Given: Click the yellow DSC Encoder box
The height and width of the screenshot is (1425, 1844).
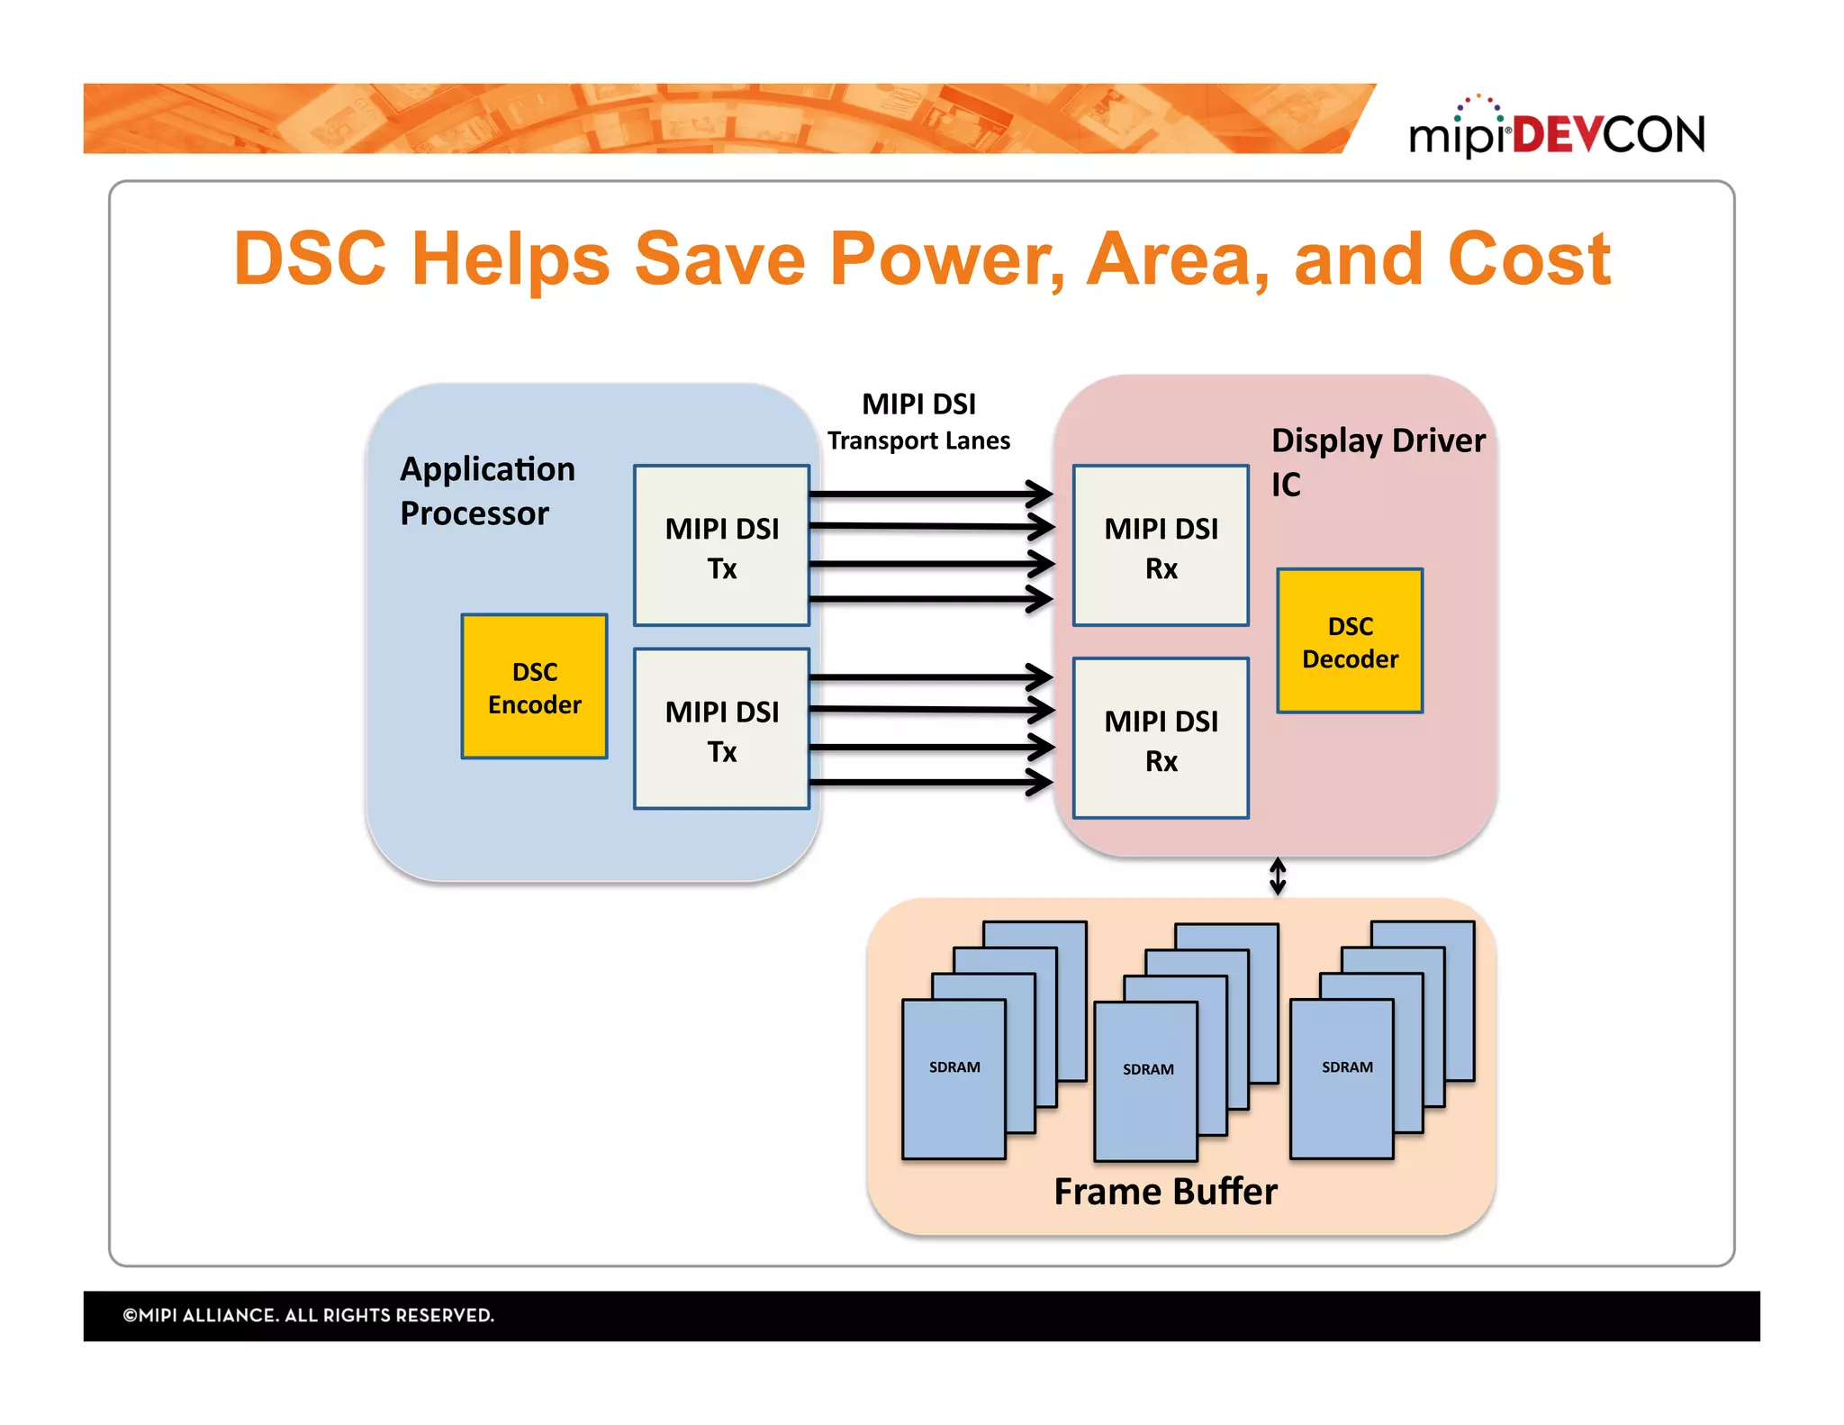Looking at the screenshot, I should pyautogui.click(x=534, y=687).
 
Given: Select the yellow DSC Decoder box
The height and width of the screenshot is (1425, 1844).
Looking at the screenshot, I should pyautogui.click(x=1349, y=641).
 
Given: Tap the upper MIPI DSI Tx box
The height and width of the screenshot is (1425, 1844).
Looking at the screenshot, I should pyautogui.click(x=721, y=547).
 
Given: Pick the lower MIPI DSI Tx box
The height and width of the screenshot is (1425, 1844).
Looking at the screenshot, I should pyautogui.click(x=721, y=730).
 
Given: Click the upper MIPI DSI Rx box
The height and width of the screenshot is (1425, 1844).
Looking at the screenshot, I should pyautogui.click(x=1160, y=547).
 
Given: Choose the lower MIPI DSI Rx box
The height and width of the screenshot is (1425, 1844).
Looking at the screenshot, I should pyautogui.click(x=1160, y=740).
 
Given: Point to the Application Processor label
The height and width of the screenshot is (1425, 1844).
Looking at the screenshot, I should pyautogui.click(x=486, y=491).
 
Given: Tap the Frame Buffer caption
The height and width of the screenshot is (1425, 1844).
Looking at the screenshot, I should pyautogui.click(x=1165, y=1192).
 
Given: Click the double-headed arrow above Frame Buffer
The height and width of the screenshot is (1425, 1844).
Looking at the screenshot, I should pyautogui.click(x=1277, y=876).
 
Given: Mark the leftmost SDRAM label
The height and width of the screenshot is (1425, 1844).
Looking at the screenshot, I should pyautogui.click(x=954, y=1067).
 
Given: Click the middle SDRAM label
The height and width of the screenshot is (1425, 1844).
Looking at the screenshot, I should pyautogui.click(x=1148, y=1069).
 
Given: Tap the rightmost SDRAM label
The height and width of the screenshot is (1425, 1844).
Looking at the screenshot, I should pyautogui.click(x=1347, y=1067).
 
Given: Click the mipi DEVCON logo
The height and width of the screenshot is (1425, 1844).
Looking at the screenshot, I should pyautogui.click(x=1556, y=132).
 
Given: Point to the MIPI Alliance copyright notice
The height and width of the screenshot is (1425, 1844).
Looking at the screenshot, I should pyautogui.click(x=308, y=1315).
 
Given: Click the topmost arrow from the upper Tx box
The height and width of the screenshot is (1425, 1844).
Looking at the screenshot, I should pyautogui.click(x=927, y=494).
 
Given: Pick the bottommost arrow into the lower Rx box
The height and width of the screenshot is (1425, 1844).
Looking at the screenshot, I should pyautogui.click(x=927, y=782).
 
